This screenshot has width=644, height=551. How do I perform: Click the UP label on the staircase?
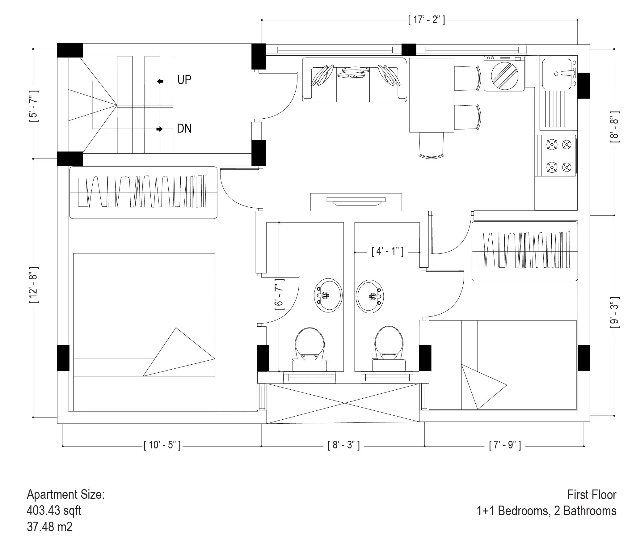click(x=184, y=80)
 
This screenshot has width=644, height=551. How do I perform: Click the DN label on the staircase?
click(x=184, y=129)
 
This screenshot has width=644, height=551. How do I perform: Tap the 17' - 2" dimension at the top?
click(x=426, y=20)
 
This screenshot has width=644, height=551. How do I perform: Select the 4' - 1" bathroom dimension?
click(x=387, y=251)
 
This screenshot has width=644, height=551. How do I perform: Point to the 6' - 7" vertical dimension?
click(x=279, y=294)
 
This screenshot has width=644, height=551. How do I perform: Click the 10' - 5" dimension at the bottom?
click(x=162, y=445)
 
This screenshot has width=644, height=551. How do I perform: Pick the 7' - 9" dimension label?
click(x=504, y=445)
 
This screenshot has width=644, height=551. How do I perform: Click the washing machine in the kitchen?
click(x=504, y=74)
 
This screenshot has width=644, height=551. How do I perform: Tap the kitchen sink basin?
click(x=557, y=74)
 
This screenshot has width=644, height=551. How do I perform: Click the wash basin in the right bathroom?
click(x=370, y=296)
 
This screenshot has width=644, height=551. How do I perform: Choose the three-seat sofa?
click(x=354, y=80)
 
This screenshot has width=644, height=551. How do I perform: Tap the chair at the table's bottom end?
click(x=431, y=145)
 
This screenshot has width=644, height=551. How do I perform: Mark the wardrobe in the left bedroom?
click(x=143, y=193)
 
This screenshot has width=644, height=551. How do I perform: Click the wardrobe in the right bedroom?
click(x=525, y=251)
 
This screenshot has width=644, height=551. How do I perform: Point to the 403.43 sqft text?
click(x=54, y=510)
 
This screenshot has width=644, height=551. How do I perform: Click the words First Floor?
click(x=591, y=495)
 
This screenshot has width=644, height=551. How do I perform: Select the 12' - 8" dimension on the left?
click(x=34, y=285)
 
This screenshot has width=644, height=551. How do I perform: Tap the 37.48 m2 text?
click(x=49, y=527)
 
